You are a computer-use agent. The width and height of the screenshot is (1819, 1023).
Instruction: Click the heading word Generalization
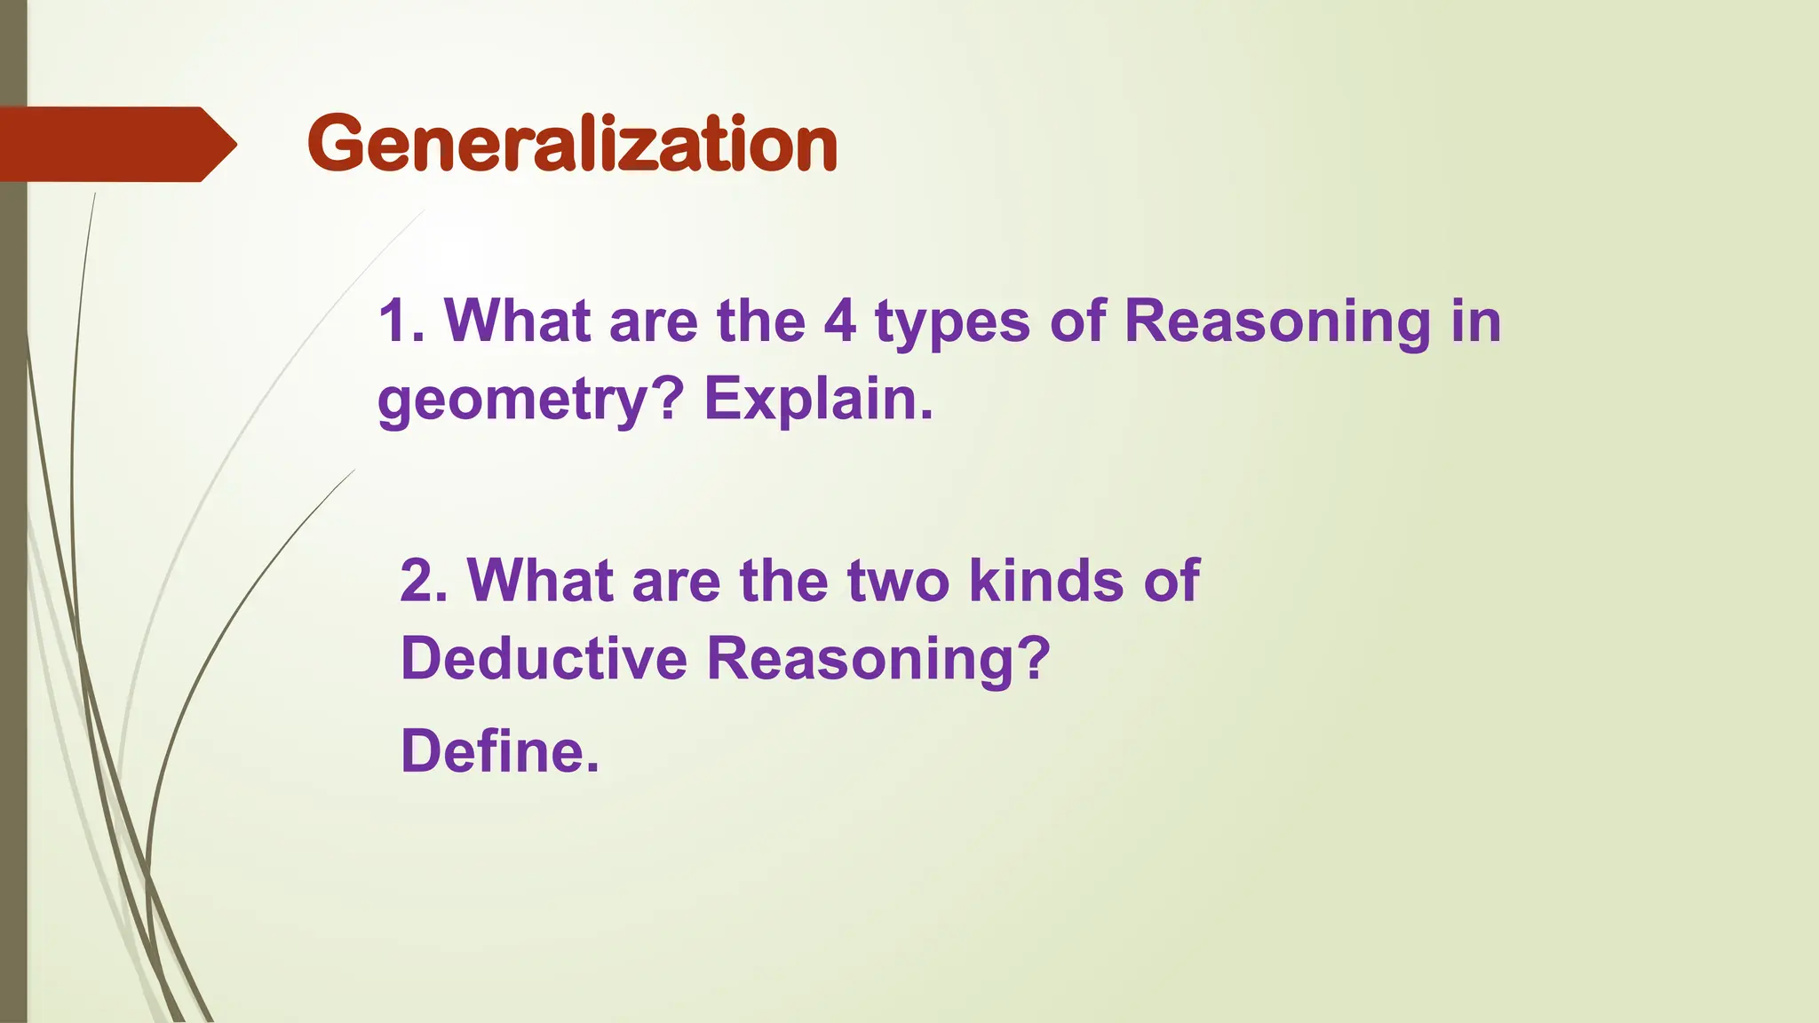tap(572, 144)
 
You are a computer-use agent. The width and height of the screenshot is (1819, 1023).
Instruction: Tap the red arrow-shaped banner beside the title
tap(115, 144)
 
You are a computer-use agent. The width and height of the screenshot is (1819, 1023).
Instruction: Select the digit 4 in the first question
tap(839, 321)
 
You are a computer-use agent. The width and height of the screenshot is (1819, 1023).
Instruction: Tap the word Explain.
tap(818, 400)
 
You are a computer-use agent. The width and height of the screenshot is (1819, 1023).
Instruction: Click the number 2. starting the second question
tap(424, 581)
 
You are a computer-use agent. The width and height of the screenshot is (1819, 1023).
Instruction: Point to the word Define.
tap(500, 751)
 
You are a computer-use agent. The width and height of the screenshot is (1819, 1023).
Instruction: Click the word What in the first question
tap(518, 321)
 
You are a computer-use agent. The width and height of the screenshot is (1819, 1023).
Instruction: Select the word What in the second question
tap(540, 581)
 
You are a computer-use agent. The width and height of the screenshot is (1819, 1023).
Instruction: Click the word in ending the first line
tap(1476, 321)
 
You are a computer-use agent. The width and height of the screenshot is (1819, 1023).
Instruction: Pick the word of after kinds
tap(1172, 581)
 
